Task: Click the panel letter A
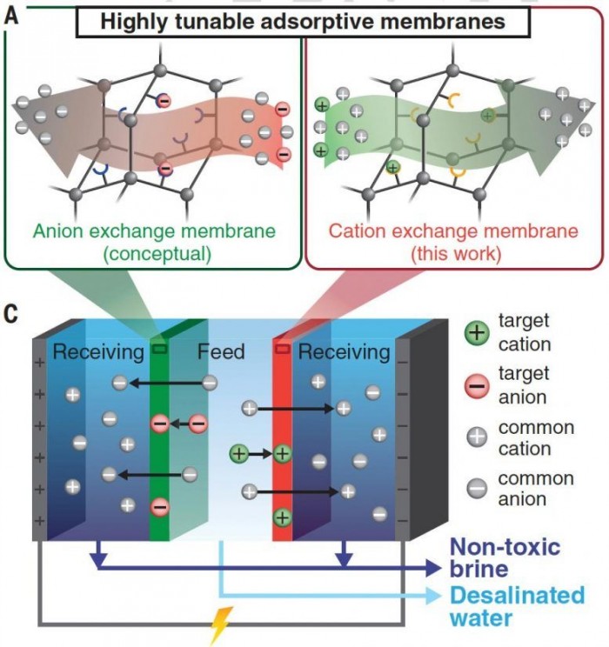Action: coord(11,17)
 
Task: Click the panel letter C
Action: coord(11,315)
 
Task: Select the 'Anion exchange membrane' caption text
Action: coord(154,231)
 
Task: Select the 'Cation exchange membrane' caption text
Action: coord(453,231)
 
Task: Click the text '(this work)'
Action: coord(456,253)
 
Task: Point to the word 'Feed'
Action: coord(221,352)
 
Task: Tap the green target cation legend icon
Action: coord(477,332)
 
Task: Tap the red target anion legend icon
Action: coord(477,386)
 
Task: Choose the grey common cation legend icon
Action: coord(477,437)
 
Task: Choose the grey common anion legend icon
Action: coord(477,489)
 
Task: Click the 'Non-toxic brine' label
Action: coord(505,558)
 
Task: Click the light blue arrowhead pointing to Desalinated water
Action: coord(432,596)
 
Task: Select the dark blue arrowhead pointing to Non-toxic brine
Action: coord(433,569)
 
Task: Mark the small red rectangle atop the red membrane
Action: coord(283,349)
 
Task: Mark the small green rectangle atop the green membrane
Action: coord(159,349)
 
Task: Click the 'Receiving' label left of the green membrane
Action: coord(98,352)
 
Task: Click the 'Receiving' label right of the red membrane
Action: coord(344,352)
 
